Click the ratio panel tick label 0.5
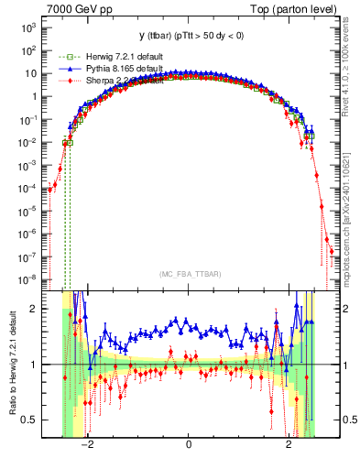coord(30,420)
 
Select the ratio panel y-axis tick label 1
coord(34,365)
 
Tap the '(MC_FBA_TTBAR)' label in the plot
coord(188,275)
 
